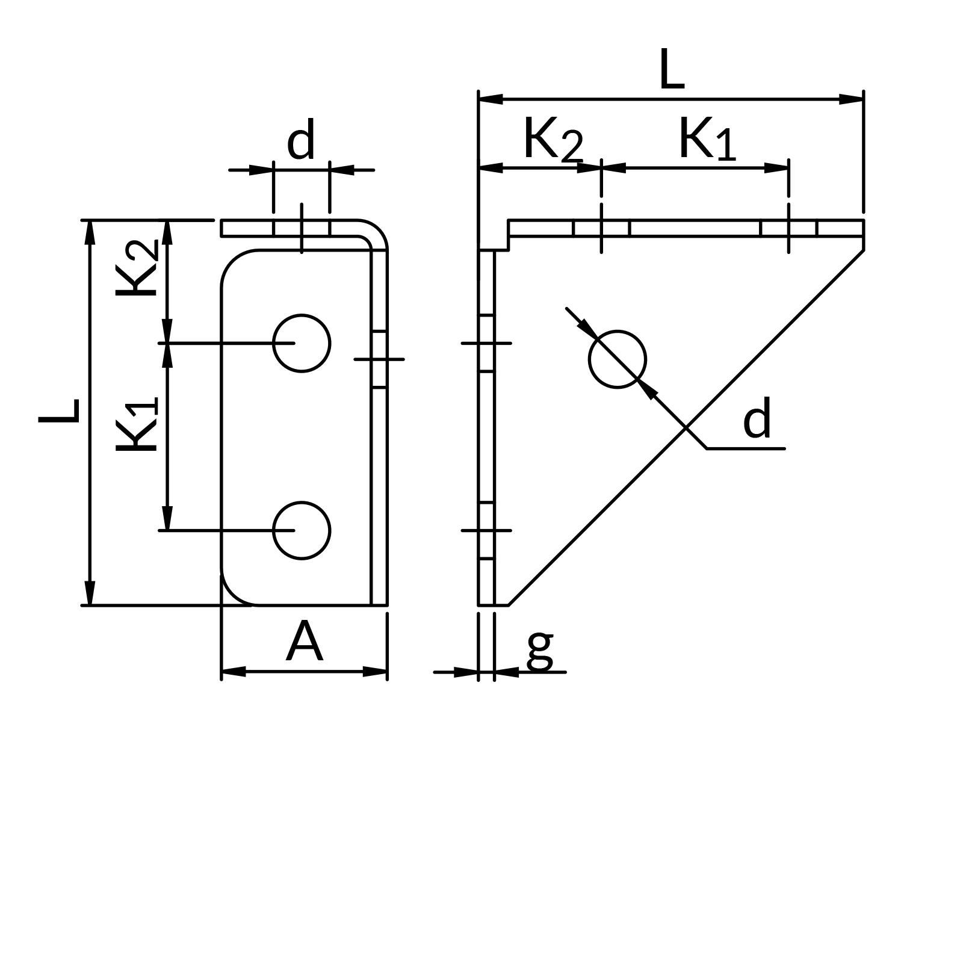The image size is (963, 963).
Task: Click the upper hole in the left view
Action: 302,343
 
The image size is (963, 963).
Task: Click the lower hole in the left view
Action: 302,530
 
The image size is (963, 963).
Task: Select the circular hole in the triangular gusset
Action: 618,359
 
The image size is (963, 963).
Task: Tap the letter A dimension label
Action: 304,643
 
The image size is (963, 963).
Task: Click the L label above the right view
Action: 672,70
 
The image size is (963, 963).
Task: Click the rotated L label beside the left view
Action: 59,411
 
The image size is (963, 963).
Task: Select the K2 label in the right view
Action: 553,140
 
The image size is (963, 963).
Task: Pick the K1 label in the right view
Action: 707,140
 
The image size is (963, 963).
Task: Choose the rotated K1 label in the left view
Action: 137,424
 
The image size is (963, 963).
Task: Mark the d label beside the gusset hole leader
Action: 757,420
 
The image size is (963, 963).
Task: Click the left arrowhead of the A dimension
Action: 234,671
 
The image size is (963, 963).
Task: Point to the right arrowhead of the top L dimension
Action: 851,99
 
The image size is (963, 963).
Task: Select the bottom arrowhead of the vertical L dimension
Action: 90,593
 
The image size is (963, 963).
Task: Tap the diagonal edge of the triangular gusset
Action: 686,427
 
